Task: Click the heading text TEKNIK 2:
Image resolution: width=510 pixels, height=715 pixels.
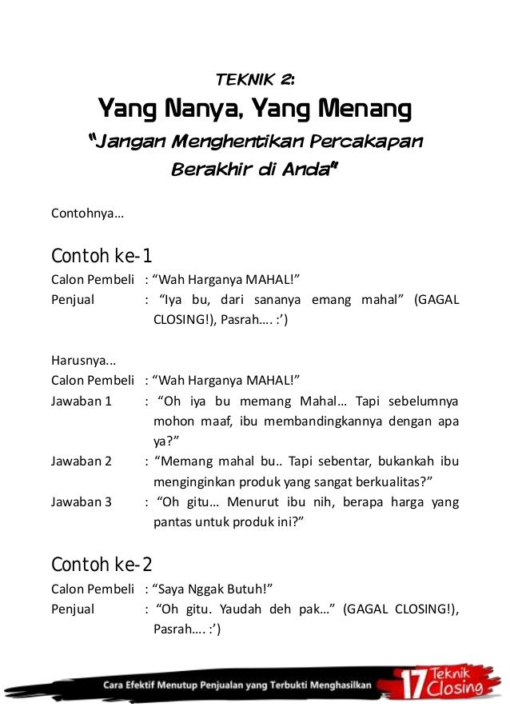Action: (x=255, y=78)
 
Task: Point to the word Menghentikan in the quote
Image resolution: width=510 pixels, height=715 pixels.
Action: (x=233, y=142)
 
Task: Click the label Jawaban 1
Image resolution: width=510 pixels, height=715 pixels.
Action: (x=82, y=401)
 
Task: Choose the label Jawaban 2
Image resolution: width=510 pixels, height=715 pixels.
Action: (x=82, y=461)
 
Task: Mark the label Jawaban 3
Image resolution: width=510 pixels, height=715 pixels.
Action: (x=82, y=502)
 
